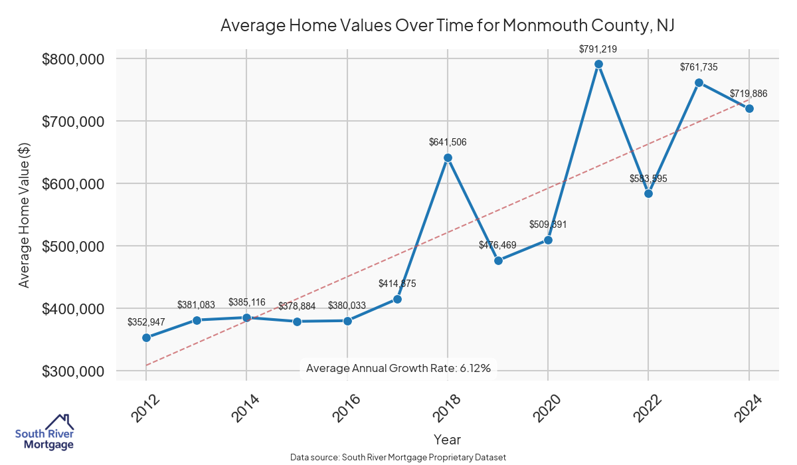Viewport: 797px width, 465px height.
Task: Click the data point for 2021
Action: [598, 64]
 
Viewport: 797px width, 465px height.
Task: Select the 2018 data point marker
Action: [448, 157]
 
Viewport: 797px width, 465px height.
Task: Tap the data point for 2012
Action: [146, 337]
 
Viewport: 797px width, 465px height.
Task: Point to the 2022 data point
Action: [649, 193]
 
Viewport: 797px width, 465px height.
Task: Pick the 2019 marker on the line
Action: [498, 260]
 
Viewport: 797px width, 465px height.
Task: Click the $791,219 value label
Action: [598, 48]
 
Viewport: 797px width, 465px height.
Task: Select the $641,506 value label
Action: [448, 141]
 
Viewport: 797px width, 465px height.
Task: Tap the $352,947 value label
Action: [146, 322]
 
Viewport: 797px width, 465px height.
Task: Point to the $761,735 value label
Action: [699, 66]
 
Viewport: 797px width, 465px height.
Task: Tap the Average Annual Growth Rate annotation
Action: [398, 369]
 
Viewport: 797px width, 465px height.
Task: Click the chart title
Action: [447, 25]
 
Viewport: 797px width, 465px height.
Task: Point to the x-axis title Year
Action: [447, 439]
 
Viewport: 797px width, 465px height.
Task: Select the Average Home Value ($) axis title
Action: [24, 215]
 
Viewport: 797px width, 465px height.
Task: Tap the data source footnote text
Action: [398, 458]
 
